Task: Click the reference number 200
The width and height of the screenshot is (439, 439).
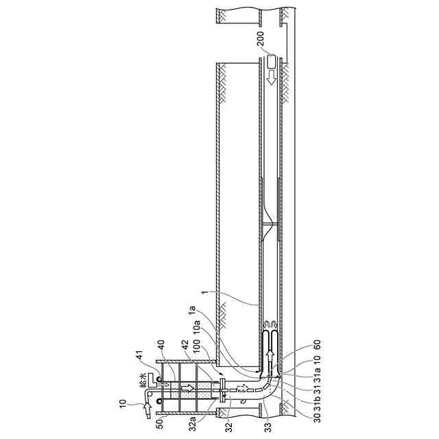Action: (x=261, y=39)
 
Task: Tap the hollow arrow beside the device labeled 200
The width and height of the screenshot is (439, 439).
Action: (x=272, y=78)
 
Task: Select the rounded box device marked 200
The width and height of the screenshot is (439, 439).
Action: (x=272, y=61)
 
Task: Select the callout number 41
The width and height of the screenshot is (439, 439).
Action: (x=139, y=356)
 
